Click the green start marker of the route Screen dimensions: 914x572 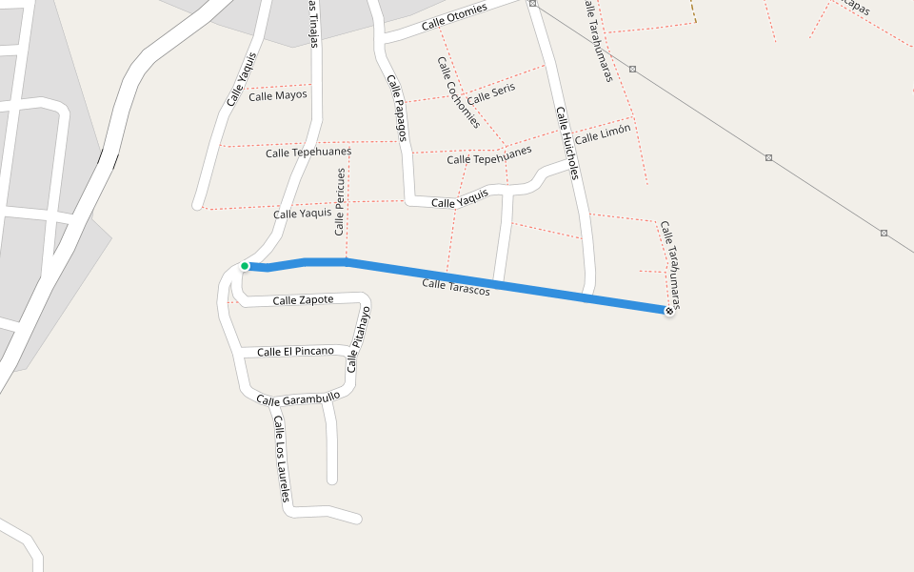tap(245, 266)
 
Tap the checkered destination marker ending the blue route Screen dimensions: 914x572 tap(669, 311)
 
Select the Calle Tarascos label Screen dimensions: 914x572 tap(456, 285)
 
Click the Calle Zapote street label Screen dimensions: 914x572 tap(303, 300)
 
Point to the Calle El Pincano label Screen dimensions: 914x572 tap(295, 352)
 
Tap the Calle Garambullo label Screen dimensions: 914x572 tap(298, 399)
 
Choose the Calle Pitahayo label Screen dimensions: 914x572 tap(358, 339)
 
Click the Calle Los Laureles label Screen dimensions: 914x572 tap(281, 460)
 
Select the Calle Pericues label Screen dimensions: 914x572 tap(340, 202)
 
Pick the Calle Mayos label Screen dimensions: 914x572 tap(278, 95)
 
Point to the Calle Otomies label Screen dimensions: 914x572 tap(454, 16)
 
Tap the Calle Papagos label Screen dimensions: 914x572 tap(397, 109)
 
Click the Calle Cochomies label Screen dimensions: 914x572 tap(458, 92)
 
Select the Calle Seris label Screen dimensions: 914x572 tap(490, 92)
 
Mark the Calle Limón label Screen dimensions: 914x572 tap(603, 134)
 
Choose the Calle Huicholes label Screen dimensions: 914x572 tap(567, 142)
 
